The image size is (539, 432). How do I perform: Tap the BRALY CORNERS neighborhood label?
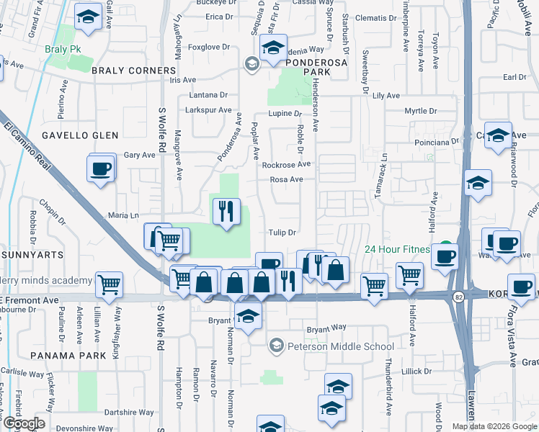point(133,71)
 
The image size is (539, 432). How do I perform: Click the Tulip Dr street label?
point(282,233)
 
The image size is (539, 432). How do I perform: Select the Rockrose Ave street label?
point(285,165)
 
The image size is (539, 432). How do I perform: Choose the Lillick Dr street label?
point(417,372)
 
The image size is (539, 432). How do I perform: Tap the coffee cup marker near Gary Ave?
point(102,169)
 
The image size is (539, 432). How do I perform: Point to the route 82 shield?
point(458,296)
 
